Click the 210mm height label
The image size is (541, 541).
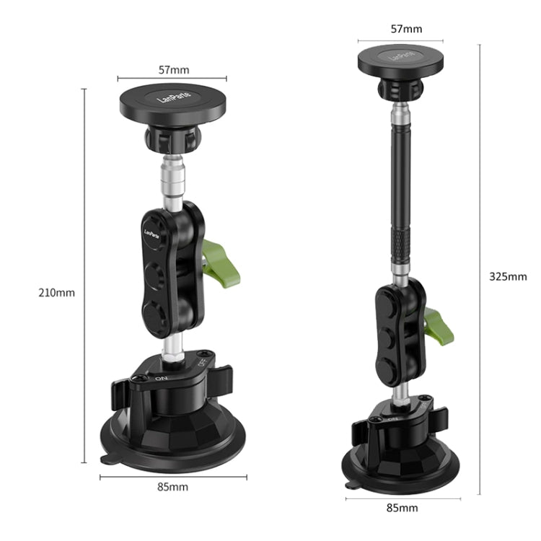(57, 293)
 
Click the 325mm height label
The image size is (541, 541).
(508, 276)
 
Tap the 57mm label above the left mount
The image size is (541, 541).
(173, 70)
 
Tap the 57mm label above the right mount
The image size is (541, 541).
(406, 29)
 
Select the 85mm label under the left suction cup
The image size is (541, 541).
(172, 486)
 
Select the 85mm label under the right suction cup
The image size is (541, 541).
(402, 508)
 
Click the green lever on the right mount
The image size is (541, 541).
(439, 325)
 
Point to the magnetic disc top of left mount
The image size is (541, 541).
(173, 105)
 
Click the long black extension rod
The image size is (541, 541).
(397, 180)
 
